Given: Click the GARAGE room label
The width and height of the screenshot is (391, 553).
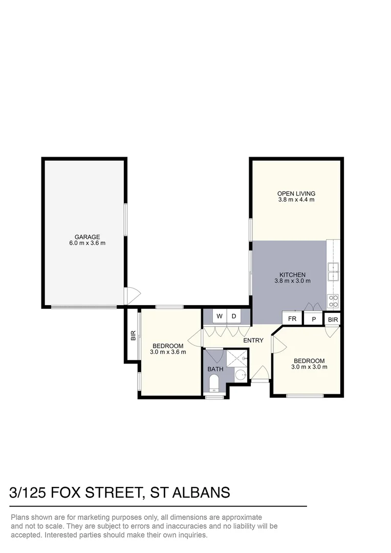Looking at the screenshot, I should coord(88,237).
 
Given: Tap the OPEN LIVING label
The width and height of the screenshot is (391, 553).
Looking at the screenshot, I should coord(296,194).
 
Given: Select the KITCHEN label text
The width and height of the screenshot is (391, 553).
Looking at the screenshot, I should coord(292,275).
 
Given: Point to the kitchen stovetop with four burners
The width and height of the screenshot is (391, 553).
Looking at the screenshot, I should coord(333,300).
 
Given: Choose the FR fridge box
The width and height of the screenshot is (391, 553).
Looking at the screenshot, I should coord(292,318).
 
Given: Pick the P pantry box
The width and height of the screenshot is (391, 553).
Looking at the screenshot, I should coord(314,318).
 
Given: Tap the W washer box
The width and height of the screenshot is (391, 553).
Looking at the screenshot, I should coord(219,316).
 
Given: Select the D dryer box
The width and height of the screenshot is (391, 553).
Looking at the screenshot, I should coord(234,316).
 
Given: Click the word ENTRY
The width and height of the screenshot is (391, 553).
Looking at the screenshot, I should coord(253,341).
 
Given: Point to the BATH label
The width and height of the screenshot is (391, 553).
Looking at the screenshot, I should coord(215,369).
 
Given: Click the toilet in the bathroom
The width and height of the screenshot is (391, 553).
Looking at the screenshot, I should coord(213,383).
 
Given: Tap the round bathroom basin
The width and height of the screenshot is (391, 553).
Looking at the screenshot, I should coord(241,375).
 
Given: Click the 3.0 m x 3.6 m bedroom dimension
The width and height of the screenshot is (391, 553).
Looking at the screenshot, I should coord(168,352).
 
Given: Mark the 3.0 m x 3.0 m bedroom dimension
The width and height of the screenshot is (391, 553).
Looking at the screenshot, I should coord(309,367).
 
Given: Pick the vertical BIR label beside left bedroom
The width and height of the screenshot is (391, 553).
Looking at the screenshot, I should coord(133,336).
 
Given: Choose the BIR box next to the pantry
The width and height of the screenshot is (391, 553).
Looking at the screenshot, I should coord(333,320).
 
